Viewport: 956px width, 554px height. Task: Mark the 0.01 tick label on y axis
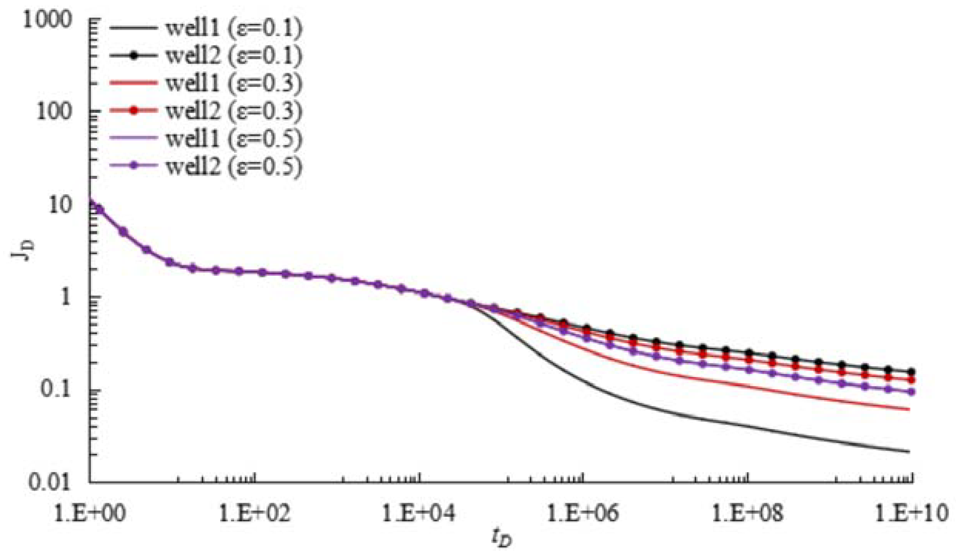coord(50,482)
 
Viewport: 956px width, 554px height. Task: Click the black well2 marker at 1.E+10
coord(911,372)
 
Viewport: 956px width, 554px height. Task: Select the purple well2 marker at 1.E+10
coord(911,392)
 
